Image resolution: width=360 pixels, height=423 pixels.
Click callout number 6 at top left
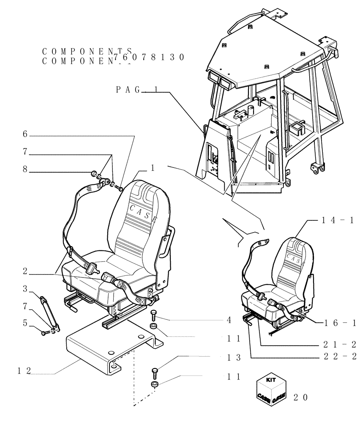(25, 135)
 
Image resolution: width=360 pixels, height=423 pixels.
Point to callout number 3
(25, 289)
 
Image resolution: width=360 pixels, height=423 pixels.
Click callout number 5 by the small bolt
(25, 324)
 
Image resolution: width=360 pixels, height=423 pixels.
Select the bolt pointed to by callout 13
(154, 373)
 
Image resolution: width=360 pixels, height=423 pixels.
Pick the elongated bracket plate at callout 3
(49, 312)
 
